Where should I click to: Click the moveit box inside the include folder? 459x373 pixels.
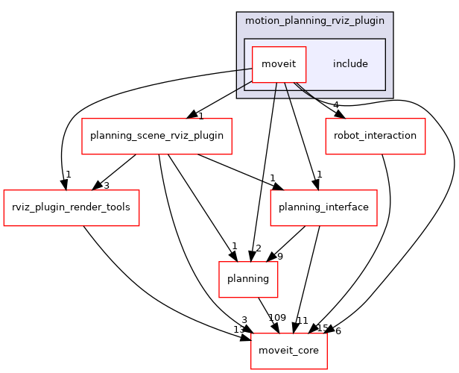click(x=279, y=63)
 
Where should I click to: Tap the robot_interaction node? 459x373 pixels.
click(x=375, y=136)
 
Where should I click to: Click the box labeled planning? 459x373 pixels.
click(x=248, y=278)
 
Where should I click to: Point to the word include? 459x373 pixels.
click(x=350, y=63)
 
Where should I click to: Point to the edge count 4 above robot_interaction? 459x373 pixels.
click(x=336, y=105)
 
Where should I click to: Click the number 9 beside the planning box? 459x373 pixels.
click(x=280, y=257)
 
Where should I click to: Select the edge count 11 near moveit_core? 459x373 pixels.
click(x=303, y=320)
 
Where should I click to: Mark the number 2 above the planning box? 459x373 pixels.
click(x=257, y=248)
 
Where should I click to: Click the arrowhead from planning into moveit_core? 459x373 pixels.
click(x=272, y=327)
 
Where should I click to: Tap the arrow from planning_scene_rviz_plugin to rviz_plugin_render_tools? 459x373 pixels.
click(x=113, y=172)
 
